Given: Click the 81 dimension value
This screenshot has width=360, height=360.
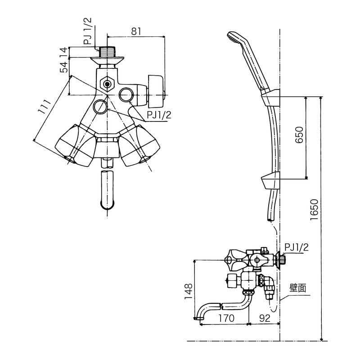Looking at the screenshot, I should [136, 31].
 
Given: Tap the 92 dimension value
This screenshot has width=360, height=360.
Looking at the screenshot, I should [265, 319].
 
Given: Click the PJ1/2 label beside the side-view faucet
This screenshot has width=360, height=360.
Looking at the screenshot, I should [297, 247].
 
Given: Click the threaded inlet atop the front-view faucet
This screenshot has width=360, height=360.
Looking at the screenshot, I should [107, 50].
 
